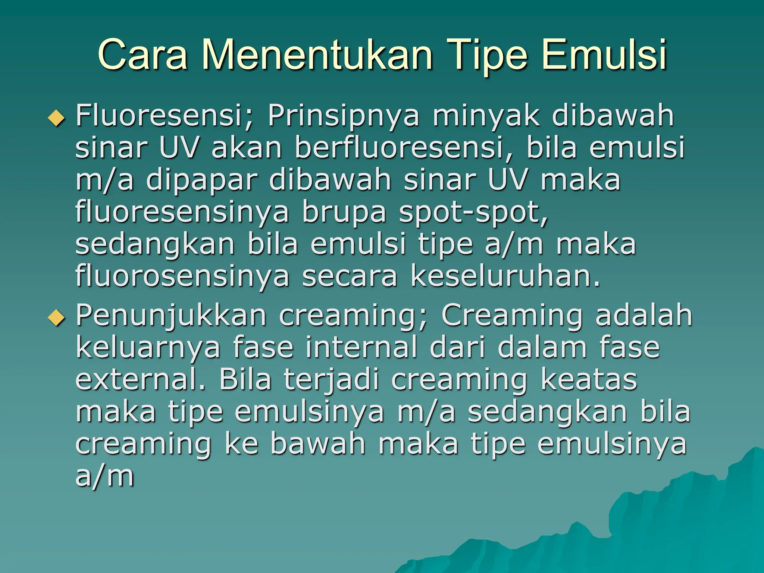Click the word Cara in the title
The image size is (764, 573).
(x=142, y=55)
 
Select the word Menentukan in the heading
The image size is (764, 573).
(x=317, y=55)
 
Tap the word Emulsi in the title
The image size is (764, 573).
(x=604, y=55)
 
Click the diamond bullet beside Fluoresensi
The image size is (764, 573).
(x=56, y=119)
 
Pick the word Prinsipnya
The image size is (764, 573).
(x=343, y=116)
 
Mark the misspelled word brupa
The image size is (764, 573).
(x=344, y=212)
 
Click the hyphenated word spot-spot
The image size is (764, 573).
(x=473, y=212)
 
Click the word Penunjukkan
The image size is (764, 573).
(x=171, y=316)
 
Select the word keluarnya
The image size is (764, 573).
(x=148, y=348)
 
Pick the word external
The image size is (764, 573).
(x=140, y=379)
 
